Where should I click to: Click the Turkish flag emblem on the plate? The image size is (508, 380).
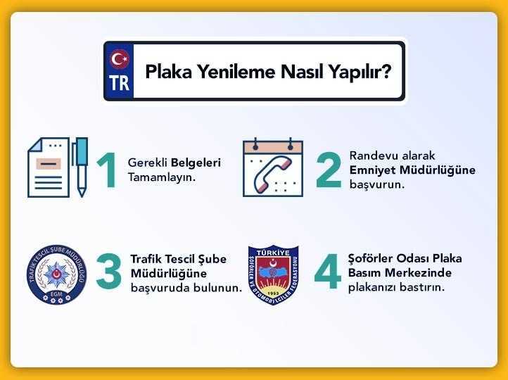pos(120,59)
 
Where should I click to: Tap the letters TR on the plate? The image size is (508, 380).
pos(119,83)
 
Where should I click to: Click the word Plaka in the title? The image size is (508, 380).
pos(168,72)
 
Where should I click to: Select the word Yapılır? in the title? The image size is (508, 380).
pos(360,72)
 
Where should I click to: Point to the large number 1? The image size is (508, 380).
pos(107,170)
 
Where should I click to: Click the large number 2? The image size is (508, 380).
pos(329,170)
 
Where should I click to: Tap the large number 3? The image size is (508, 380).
pos(109,271)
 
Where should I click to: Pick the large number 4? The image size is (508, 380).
pos(328,271)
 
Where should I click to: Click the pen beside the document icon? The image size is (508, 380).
pos(80,167)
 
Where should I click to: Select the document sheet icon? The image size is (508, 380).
pos(49,167)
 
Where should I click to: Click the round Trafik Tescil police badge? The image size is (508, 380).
pos(57,274)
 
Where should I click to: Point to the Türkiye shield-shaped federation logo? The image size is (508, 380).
pos(273,274)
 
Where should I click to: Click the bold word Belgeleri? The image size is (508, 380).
pos(196,163)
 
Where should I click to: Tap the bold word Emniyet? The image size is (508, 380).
pos(373,170)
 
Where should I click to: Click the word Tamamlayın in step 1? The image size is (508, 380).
pos(162,177)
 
